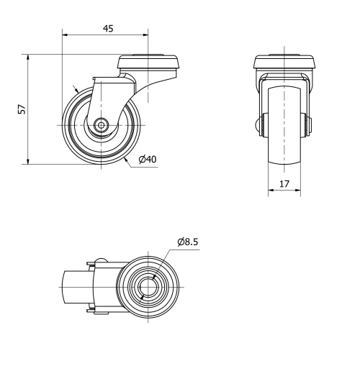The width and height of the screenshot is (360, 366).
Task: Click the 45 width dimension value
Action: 107,28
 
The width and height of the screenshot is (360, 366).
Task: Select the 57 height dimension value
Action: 22,109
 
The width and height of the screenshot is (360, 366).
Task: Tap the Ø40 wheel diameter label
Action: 147,159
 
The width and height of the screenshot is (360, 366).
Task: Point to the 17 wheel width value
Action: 284,184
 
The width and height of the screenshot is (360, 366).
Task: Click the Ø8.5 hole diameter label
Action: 189,242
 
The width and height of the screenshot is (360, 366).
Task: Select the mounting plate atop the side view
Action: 149,62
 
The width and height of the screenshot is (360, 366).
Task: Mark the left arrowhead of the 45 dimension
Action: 66,34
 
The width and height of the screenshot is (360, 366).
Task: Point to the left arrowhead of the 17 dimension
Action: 271,191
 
